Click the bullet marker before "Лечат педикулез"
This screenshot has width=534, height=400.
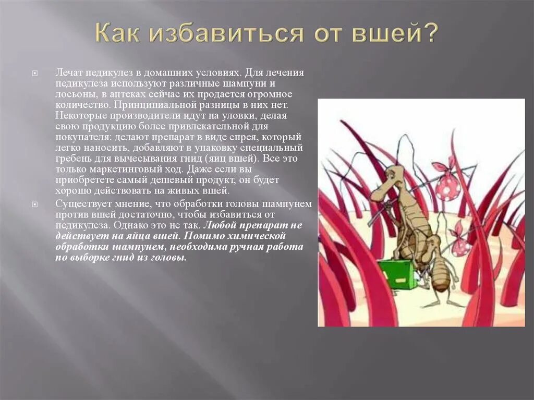point(35,74)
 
